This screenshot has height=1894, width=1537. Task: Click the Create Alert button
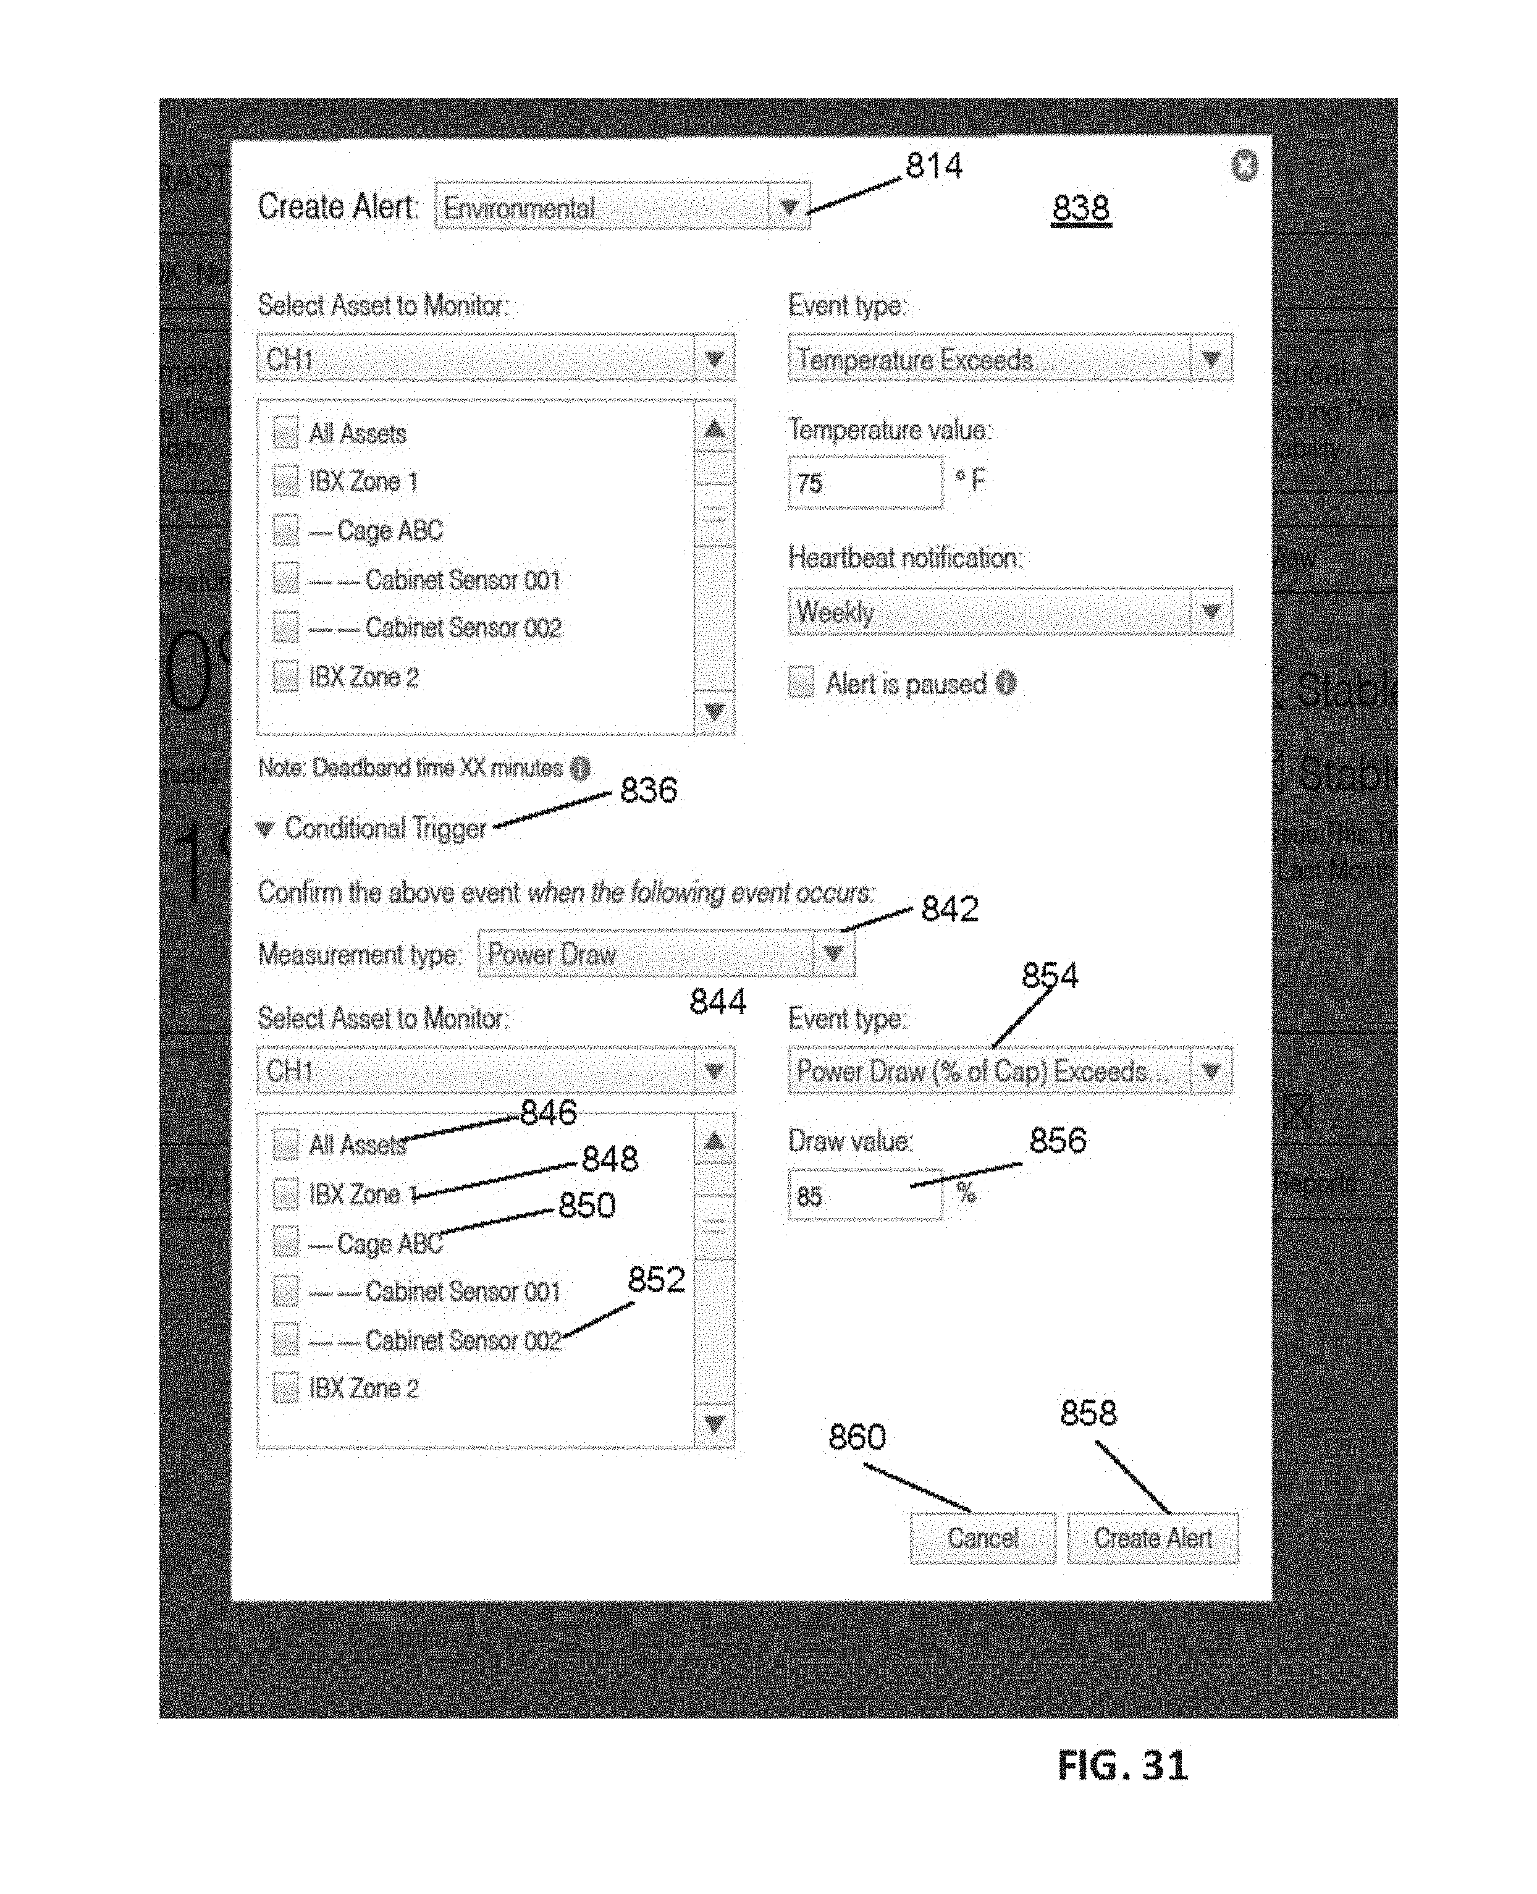1152,1538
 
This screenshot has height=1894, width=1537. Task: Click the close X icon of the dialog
1244,166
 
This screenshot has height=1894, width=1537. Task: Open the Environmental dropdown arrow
789,207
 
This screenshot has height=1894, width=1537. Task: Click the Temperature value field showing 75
865,483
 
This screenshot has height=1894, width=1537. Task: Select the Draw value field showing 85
865,1195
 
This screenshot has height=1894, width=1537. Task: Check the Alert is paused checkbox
801,683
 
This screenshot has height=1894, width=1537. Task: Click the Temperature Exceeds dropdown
1009,360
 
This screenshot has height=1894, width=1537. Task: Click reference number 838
1080,209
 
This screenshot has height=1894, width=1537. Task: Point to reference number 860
856,1436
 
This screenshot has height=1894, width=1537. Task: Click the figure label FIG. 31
1122,1765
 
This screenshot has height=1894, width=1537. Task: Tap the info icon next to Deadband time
580,767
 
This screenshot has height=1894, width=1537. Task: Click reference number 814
933,166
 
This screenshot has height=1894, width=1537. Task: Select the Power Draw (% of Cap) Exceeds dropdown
1009,1072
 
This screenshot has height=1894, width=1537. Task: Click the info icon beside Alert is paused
1006,683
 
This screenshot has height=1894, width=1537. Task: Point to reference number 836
648,790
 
